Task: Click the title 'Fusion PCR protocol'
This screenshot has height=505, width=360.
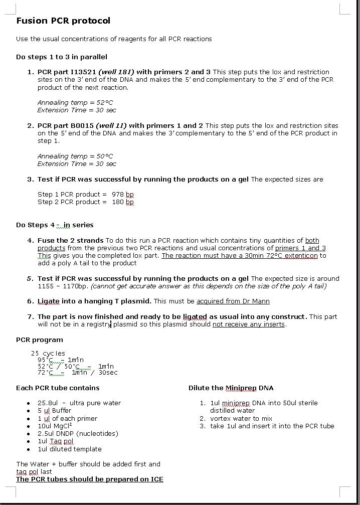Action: tap(63, 21)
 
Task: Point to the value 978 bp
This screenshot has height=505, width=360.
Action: tap(123, 194)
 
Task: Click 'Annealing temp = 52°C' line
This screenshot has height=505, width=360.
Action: tap(75, 102)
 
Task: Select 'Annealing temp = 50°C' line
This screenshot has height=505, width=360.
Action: tap(75, 156)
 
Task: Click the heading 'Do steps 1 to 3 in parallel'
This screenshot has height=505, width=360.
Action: tap(62, 57)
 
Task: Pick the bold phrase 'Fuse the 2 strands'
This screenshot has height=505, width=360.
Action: tap(70, 240)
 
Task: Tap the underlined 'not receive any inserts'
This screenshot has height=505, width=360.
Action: tap(249, 324)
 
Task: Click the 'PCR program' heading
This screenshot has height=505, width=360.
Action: tap(40, 340)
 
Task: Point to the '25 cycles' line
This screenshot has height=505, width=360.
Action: tap(48, 353)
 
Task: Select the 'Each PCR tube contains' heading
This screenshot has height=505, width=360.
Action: tap(58, 388)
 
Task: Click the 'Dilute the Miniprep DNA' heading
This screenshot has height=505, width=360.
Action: tap(231, 388)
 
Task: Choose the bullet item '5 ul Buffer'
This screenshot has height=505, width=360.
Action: tap(54, 410)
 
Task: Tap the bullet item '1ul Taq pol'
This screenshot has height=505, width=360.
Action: tap(55, 441)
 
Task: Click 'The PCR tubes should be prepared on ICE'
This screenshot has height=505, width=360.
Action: tap(90, 479)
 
